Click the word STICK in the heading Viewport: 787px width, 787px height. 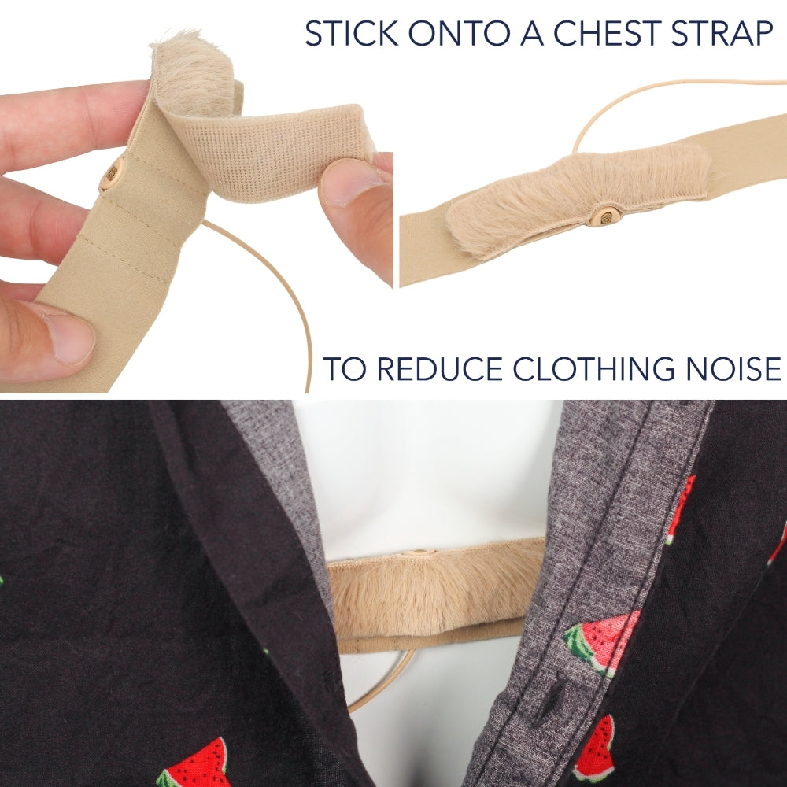pyautogui.click(x=351, y=33)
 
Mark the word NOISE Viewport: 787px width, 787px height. pyautogui.click(x=733, y=369)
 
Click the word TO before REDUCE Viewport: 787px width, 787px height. pyautogui.click(x=345, y=369)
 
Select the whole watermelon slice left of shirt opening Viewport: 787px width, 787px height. pyautogui.click(x=194, y=763)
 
